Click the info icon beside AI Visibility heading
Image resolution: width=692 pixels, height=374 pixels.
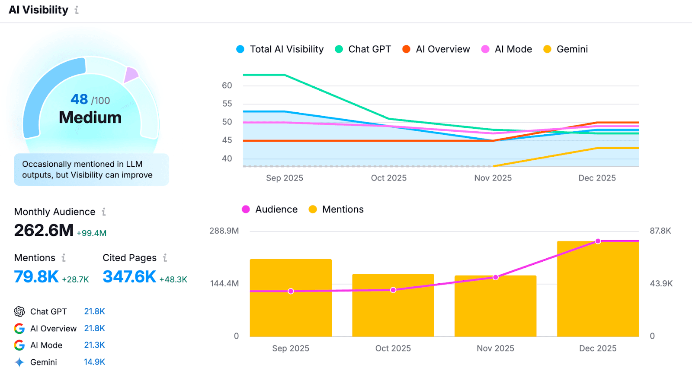pos(77,10)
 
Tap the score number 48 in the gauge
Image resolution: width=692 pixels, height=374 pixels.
pos(79,99)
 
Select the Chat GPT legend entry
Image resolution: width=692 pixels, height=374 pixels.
pos(363,49)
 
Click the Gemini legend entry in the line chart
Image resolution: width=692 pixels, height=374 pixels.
pos(565,49)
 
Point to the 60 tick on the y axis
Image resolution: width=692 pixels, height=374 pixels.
pos(227,86)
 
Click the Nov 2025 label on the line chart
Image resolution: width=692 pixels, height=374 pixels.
pos(493,178)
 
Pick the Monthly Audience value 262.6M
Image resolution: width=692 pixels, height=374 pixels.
pos(44,231)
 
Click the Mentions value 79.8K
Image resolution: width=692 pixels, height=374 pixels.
pos(36,277)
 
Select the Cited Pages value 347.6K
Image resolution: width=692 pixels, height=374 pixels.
pos(129,277)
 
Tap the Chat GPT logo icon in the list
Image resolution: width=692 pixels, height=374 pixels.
pos(19,311)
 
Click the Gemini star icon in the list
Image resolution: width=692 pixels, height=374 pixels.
pos(19,362)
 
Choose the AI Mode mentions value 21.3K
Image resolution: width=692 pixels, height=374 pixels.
pos(94,345)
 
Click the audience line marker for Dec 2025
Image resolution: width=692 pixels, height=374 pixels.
pos(598,241)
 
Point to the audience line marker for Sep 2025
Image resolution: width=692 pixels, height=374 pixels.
pos(291,292)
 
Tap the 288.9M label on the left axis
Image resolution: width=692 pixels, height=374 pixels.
pos(224,231)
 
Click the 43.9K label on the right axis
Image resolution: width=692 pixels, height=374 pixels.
pos(661,284)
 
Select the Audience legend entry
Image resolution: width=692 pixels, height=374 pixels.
pos(270,209)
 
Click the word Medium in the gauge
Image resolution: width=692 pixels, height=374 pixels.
pos(90,117)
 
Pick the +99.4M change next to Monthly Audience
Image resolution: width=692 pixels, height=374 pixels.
pos(91,233)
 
